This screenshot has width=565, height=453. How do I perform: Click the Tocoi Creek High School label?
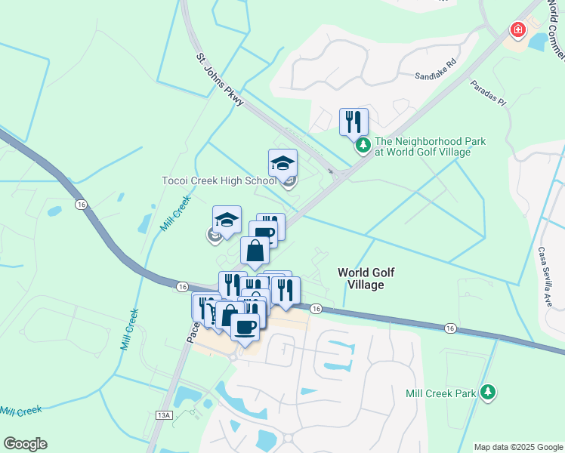point(219,181)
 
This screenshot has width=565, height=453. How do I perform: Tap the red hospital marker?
point(518,30)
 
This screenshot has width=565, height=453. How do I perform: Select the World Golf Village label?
point(366,279)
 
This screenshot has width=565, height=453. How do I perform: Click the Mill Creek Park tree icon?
point(489,391)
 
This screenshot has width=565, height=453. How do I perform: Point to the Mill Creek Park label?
point(441,393)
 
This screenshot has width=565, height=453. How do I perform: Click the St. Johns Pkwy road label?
point(219,79)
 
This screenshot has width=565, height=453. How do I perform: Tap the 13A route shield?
point(165,415)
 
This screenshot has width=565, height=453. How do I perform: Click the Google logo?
point(25,444)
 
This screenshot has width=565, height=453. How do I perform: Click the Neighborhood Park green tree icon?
point(363,144)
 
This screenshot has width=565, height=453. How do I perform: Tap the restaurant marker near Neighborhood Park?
point(354,121)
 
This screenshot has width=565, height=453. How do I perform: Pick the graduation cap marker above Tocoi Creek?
point(282,163)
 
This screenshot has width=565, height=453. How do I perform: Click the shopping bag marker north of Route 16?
point(255,250)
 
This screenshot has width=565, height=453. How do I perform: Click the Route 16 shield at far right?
point(450,328)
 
